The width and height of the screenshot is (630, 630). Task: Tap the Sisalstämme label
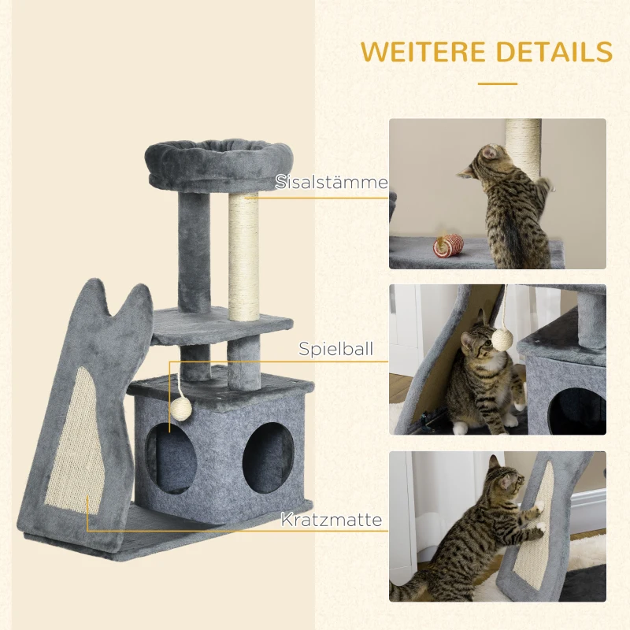(x=332, y=183)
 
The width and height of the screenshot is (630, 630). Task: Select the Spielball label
(x=335, y=349)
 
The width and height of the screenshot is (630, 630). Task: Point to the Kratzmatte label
(x=331, y=520)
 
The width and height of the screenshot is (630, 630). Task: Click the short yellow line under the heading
(x=497, y=83)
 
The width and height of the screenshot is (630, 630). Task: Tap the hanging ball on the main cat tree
(x=181, y=407)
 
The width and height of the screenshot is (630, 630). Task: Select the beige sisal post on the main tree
(x=243, y=256)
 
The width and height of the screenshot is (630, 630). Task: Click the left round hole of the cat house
(x=169, y=461)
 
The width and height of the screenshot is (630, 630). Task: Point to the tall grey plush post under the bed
(x=195, y=252)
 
